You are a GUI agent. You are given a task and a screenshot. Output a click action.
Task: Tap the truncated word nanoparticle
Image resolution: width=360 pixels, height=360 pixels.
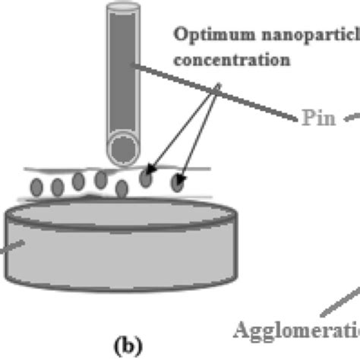tap(294, 35)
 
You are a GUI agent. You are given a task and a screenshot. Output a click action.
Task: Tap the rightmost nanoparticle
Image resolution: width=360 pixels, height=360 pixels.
tap(178, 182)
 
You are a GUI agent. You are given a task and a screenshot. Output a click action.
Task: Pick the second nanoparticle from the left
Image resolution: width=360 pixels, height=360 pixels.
tap(57, 186)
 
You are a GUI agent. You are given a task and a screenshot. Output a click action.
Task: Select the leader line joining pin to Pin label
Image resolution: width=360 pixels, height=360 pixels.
tap(220, 96)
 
